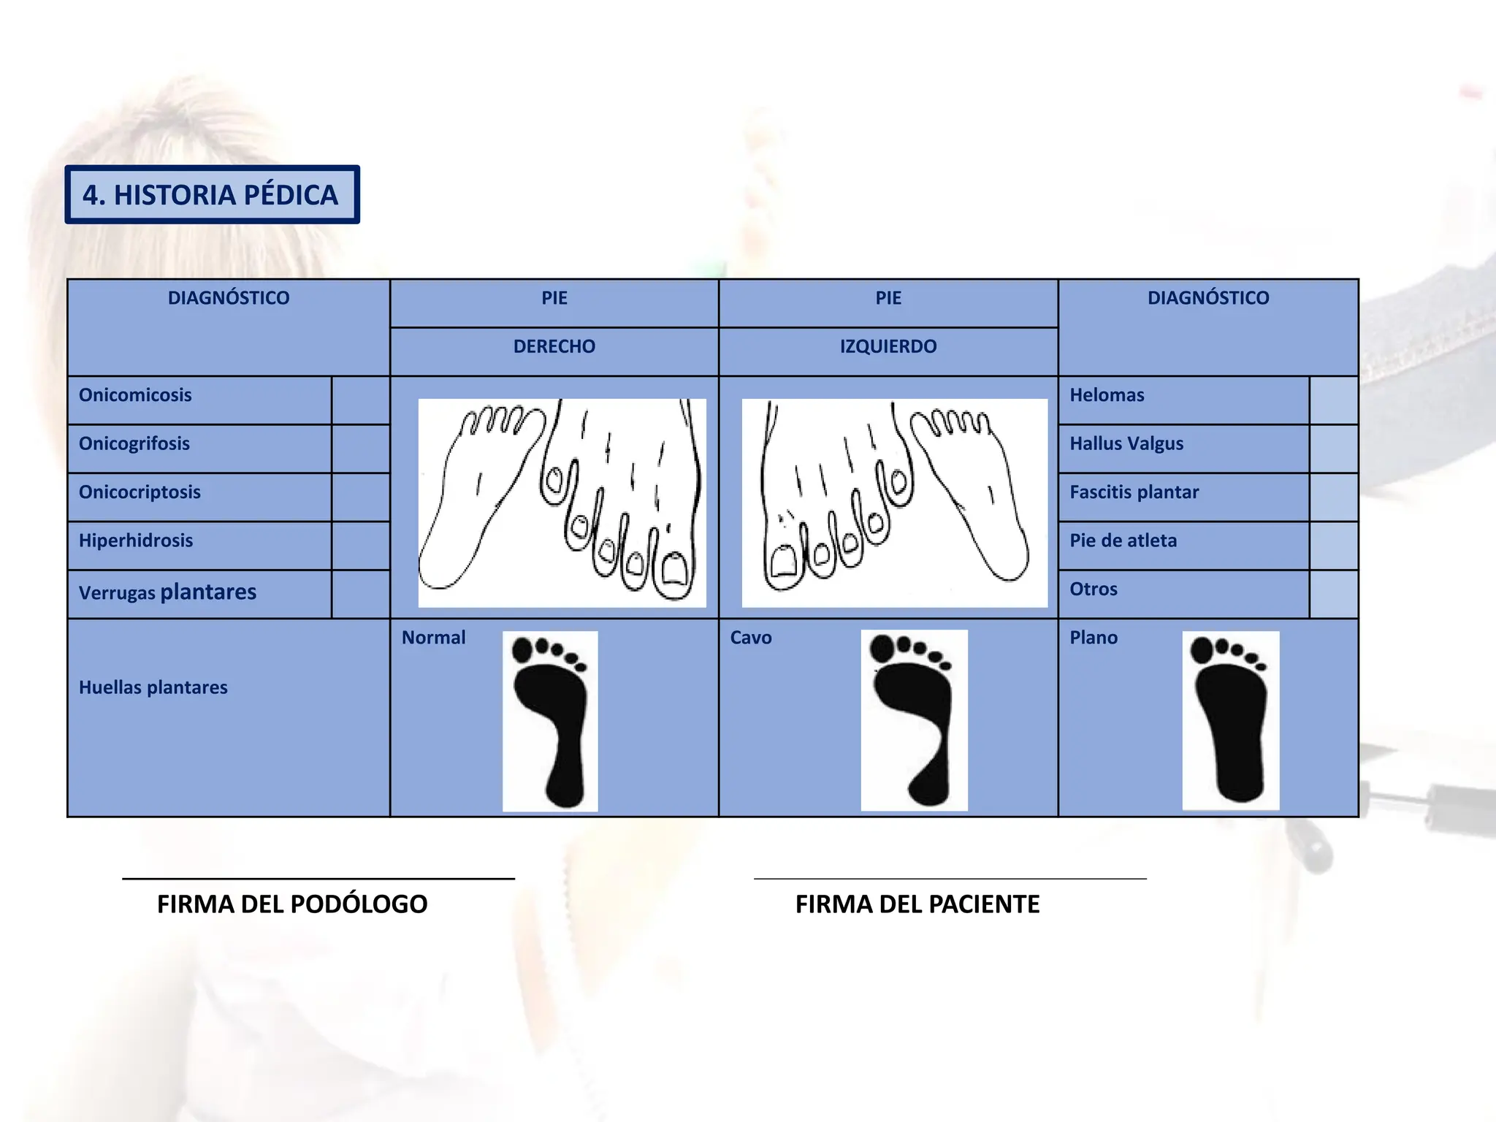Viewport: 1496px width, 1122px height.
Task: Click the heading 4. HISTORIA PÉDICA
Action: click(x=211, y=195)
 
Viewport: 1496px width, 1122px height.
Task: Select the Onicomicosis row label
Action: click(x=135, y=395)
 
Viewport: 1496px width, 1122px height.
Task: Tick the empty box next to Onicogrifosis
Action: click(x=360, y=449)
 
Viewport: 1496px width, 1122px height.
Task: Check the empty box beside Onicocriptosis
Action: click(x=360, y=497)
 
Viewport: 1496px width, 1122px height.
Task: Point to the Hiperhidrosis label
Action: click(x=136, y=541)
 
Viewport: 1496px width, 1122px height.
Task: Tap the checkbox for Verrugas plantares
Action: click(x=360, y=594)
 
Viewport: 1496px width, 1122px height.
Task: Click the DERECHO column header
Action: click(x=554, y=346)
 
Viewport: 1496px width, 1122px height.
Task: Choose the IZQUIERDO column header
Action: click(x=888, y=346)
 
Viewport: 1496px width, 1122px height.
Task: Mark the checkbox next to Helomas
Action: click(x=1333, y=400)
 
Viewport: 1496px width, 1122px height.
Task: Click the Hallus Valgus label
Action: click(x=1126, y=443)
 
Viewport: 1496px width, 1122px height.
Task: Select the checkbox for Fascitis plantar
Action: click(x=1333, y=497)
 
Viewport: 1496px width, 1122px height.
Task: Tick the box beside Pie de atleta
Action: click(x=1333, y=546)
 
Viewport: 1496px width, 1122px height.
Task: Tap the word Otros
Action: click(x=1094, y=589)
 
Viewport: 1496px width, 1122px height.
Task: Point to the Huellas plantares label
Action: click(x=153, y=687)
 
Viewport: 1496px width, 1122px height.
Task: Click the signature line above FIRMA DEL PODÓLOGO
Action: click(x=318, y=878)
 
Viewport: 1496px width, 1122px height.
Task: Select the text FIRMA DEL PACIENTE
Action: click(x=917, y=904)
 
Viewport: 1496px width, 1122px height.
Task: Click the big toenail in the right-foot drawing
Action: click(x=673, y=569)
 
